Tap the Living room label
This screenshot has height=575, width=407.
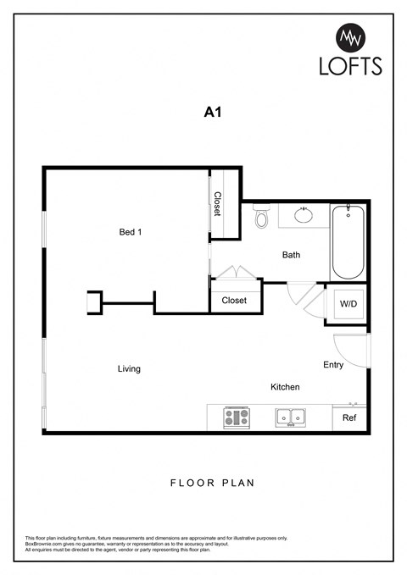[x=129, y=368]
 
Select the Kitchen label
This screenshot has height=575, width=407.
[x=285, y=387]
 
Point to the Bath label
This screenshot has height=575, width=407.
[x=291, y=255]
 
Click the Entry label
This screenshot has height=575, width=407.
[x=333, y=365]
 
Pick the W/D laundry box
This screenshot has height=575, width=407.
[x=348, y=303]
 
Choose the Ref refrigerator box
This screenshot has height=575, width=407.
[x=348, y=417]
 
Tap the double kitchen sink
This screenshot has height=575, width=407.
[x=290, y=417]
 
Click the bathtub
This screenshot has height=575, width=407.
[x=348, y=242]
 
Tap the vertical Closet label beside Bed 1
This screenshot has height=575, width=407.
[x=218, y=204]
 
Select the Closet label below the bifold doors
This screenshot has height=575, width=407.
[x=234, y=301]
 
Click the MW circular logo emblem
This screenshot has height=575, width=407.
[x=350, y=37]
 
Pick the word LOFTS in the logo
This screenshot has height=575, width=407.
[x=350, y=66]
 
